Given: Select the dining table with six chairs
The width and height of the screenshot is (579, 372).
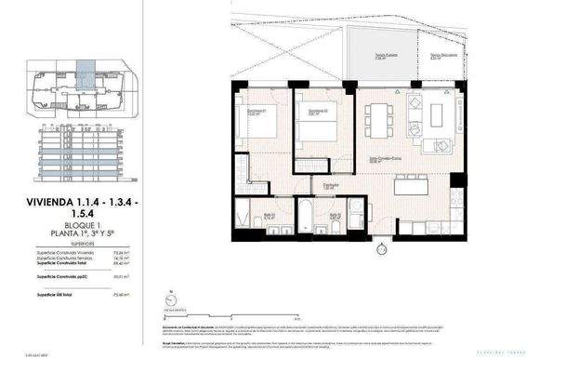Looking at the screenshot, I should click(378, 119).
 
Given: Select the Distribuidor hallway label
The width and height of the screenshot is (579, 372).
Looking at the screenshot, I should click(329, 185).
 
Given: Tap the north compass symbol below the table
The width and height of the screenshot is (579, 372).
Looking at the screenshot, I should click(169, 299).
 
